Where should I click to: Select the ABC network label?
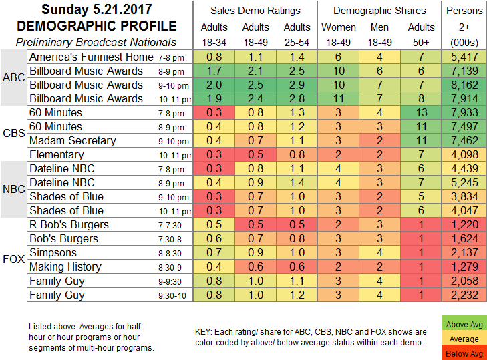click(13, 78)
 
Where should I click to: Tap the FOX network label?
click(13, 260)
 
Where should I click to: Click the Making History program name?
click(65, 266)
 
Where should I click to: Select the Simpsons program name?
click(53, 252)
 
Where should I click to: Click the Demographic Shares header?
click(379, 10)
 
